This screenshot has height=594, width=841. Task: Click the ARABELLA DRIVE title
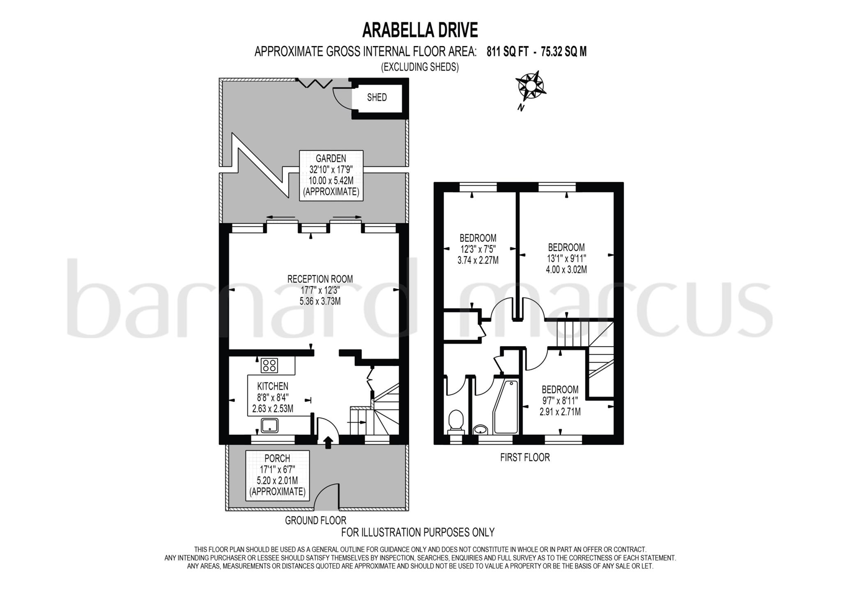pyautogui.click(x=420, y=30)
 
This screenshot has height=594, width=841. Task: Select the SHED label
pyautogui.click(x=377, y=97)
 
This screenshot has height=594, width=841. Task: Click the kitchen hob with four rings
pyautogui.click(x=269, y=365)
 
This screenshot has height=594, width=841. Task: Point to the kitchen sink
pyautogui.click(x=269, y=425)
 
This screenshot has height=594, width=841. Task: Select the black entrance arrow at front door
pyautogui.click(x=328, y=443)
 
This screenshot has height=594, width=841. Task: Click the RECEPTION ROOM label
pyautogui.click(x=320, y=279)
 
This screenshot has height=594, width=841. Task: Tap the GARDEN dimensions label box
pyautogui.click(x=331, y=175)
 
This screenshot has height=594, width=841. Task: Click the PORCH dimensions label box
pyautogui.click(x=277, y=475)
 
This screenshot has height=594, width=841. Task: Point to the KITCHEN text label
pyautogui.click(x=273, y=386)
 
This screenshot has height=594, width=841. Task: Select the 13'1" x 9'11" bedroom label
pyautogui.click(x=566, y=258)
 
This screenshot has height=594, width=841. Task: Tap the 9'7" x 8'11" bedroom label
pyautogui.click(x=560, y=401)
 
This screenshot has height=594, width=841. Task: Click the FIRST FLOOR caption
pyautogui.click(x=524, y=457)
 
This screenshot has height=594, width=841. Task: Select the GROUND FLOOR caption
pyautogui.click(x=315, y=520)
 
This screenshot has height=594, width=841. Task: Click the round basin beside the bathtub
pyautogui.click(x=480, y=430)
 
